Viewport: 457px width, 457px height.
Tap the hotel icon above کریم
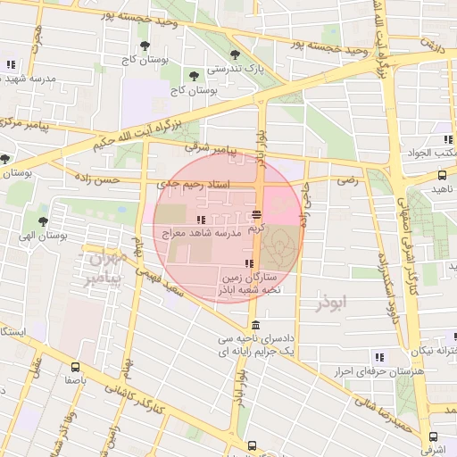[x=256, y=214]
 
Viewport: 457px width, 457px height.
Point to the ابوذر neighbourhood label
[x=334, y=303]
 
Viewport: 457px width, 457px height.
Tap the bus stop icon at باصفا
[x=74, y=366]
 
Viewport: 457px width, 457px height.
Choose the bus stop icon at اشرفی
[x=433, y=437]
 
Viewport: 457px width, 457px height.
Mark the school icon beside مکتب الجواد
[x=446, y=139]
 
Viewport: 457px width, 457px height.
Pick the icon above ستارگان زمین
[x=248, y=263]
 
